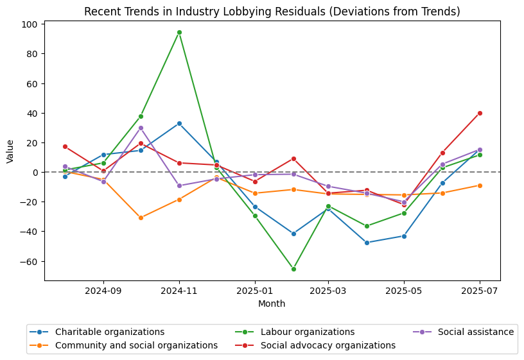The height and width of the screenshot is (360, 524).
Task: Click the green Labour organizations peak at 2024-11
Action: click(179, 32)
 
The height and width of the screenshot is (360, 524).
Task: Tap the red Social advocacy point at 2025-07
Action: click(480, 113)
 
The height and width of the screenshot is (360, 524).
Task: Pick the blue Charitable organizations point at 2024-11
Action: click(179, 123)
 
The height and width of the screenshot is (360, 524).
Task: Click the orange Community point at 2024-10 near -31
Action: click(141, 218)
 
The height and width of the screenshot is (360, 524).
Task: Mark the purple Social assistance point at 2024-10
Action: click(141, 128)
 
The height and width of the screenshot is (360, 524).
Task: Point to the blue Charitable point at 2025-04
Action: click(367, 243)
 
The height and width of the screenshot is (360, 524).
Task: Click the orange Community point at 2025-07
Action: click(480, 185)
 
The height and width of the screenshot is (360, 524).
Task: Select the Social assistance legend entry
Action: click(475, 332)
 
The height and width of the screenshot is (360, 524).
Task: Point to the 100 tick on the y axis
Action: click(31, 24)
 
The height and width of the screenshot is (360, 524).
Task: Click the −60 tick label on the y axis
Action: click(30, 261)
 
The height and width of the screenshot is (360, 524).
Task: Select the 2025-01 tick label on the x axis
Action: click(255, 289)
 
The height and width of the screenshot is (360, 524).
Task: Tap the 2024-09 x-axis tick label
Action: click(103, 289)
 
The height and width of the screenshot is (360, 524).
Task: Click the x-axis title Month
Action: click(272, 304)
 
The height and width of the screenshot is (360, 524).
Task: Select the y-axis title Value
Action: click(10, 151)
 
